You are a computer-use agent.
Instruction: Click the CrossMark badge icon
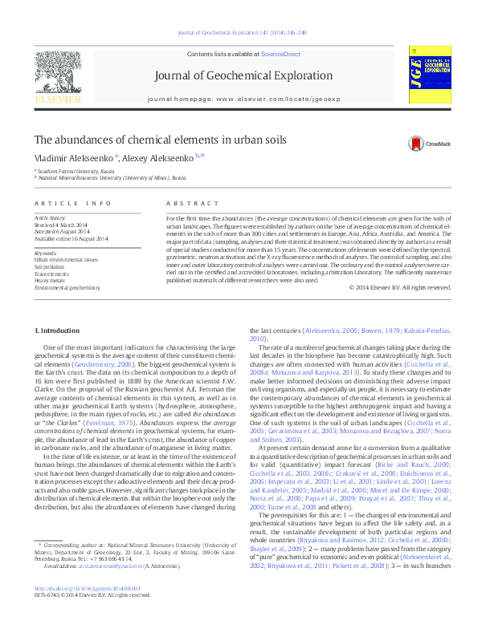(x=415, y=144)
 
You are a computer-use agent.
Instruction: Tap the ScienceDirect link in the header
(x=277, y=53)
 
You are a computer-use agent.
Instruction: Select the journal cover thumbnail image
(x=426, y=79)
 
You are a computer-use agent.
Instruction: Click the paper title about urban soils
(x=161, y=139)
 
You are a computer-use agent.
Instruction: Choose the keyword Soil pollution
(x=51, y=266)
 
